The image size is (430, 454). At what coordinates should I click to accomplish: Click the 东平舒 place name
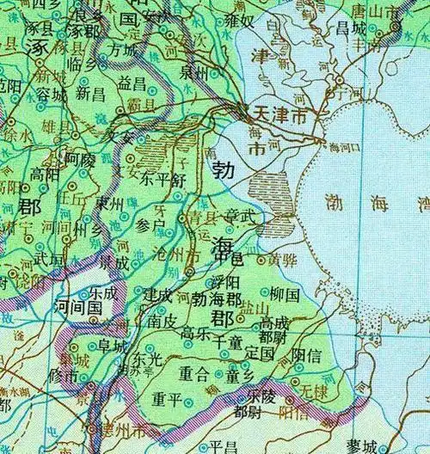click(x=161, y=180)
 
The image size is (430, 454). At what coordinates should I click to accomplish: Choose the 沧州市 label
click(x=169, y=256)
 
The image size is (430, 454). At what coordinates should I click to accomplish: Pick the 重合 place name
click(x=193, y=373)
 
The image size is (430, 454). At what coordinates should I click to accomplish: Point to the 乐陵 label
click(x=261, y=396)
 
